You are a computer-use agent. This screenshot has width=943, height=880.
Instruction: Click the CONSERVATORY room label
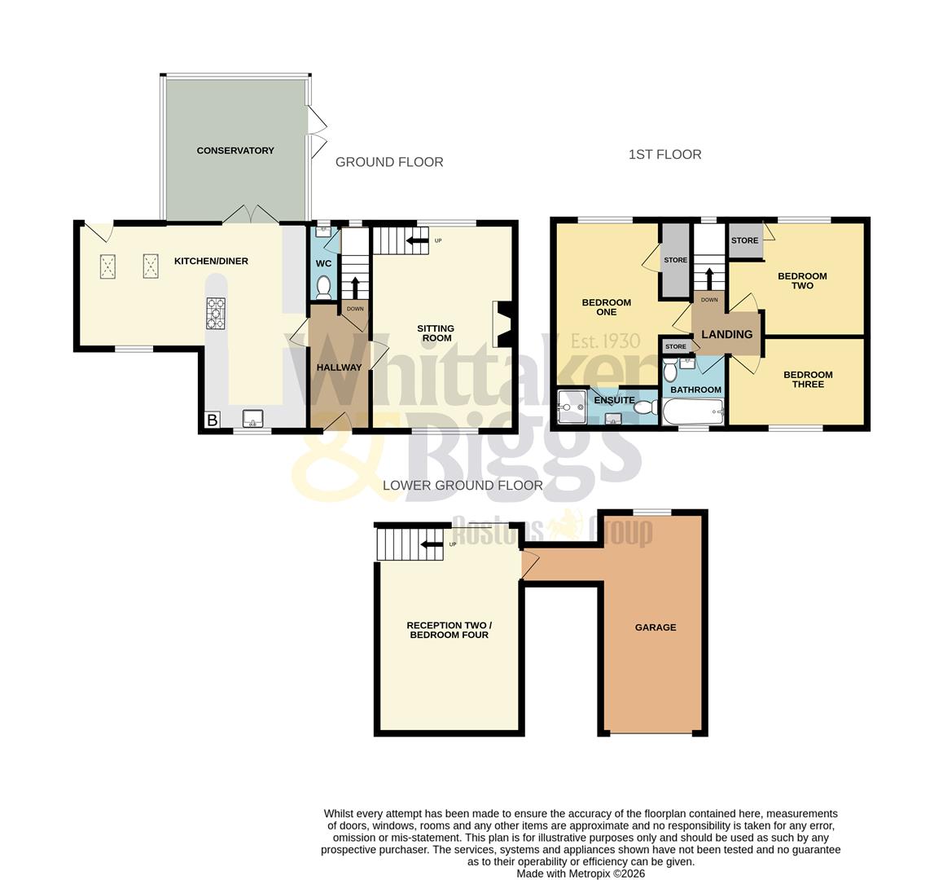(235, 151)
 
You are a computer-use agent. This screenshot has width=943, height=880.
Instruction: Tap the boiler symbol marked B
(212, 420)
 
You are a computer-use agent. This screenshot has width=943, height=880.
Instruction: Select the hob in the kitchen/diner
(216, 314)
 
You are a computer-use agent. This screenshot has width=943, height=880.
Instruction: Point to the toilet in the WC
(323, 287)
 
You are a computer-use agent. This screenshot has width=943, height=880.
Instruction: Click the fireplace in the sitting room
(501, 324)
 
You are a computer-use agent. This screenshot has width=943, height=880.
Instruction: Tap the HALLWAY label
(339, 367)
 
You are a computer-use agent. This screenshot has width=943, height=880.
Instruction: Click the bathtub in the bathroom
(693, 411)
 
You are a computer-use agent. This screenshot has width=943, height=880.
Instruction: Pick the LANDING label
(726, 334)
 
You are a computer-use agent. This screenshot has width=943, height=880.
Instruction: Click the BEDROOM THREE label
(808, 380)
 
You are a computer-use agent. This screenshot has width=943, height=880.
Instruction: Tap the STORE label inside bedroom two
(744, 240)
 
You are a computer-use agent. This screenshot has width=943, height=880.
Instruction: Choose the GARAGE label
(656, 627)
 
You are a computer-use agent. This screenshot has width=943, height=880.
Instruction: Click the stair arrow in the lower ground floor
(431, 544)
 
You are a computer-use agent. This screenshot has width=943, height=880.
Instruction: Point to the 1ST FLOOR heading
(664, 155)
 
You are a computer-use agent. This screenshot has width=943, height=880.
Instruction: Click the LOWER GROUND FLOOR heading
(463, 486)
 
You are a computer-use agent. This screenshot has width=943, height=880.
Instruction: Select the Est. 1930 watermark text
(605, 341)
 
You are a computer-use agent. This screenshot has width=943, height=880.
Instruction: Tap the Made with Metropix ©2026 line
(581, 873)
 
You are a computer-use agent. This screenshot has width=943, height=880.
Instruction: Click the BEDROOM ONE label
(606, 307)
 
